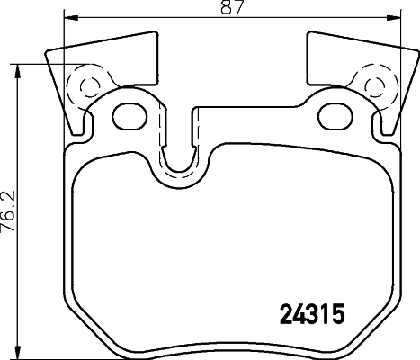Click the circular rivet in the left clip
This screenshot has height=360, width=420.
(x=86, y=88)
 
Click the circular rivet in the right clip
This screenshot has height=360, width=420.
(x=371, y=88)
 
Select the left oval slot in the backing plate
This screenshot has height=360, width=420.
(x=133, y=114)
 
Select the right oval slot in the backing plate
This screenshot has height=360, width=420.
(x=336, y=114)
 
